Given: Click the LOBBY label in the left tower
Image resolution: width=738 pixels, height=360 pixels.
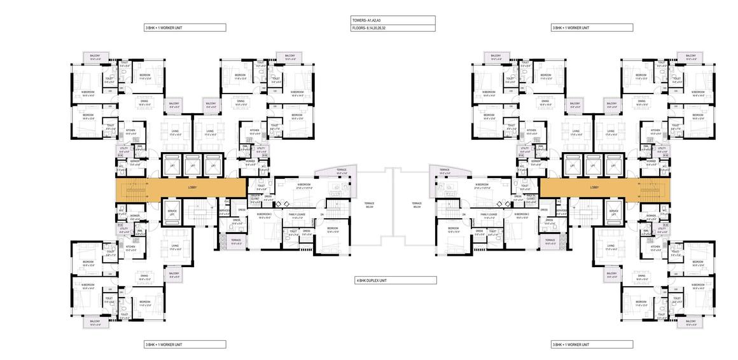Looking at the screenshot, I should (x=191, y=188).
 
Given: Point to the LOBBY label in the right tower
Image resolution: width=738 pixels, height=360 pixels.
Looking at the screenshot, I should (x=594, y=188).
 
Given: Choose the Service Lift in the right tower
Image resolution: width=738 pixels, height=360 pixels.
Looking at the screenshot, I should (x=613, y=212).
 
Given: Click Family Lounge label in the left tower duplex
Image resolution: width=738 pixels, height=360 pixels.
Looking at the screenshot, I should (x=297, y=216).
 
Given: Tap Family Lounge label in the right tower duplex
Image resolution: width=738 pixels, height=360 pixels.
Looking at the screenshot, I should (x=489, y=216).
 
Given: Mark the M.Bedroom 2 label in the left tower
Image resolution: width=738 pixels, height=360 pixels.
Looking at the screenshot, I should (x=264, y=216).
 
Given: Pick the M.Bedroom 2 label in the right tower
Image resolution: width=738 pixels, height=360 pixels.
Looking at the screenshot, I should (x=522, y=216).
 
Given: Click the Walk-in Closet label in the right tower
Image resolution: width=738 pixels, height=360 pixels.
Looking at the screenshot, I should (x=531, y=198).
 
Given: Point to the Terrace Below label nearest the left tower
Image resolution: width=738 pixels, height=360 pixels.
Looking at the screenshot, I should (x=369, y=205).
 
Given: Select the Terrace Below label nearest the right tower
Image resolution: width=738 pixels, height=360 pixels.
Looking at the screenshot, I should (x=417, y=205).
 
